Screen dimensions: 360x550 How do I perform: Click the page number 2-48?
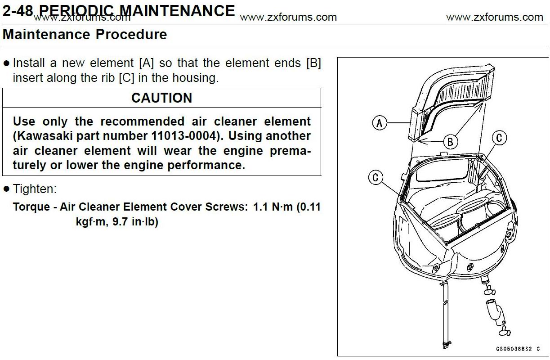[17, 11]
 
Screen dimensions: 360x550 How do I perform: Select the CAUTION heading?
[161, 98]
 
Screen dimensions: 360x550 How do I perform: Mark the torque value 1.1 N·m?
[273, 207]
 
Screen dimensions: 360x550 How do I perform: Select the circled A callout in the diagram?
[380, 122]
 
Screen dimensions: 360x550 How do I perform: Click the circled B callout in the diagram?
[450, 142]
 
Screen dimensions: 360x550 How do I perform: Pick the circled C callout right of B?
[499, 138]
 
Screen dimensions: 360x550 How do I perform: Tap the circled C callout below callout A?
[376, 177]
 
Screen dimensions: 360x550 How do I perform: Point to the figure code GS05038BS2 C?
[518, 349]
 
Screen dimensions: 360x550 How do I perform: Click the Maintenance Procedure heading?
[85, 35]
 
